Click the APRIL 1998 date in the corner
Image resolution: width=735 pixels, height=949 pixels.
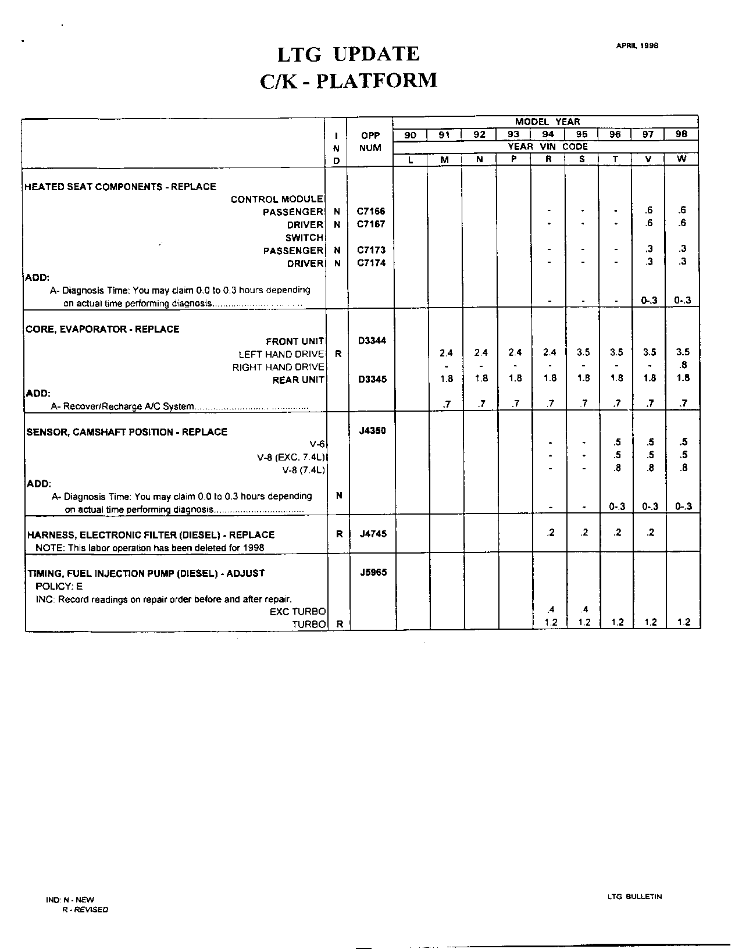[637, 47]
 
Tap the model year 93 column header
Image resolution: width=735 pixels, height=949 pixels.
[513, 134]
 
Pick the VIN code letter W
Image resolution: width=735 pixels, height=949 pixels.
[682, 159]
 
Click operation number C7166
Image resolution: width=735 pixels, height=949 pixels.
[370, 212]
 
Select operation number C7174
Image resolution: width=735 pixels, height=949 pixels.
[370, 263]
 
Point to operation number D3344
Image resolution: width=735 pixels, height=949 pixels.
[372, 341]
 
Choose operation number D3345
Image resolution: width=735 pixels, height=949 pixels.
[372, 379]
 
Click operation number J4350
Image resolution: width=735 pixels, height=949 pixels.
[372, 431]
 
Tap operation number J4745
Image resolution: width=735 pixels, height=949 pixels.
[372, 534]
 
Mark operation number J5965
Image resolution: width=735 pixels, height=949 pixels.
[372, 572]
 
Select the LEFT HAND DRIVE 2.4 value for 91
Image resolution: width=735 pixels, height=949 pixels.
[446, 352]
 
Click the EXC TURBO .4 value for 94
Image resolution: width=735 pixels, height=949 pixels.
[550, 609]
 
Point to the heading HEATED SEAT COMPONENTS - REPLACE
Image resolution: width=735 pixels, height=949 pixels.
[120, 187]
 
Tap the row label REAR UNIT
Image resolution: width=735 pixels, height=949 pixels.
[300, 380]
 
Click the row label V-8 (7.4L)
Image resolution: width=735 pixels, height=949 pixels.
[303, 470]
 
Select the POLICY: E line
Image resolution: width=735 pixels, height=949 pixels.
[59, 586]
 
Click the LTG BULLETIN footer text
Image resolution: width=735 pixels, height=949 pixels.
[634, 897]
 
